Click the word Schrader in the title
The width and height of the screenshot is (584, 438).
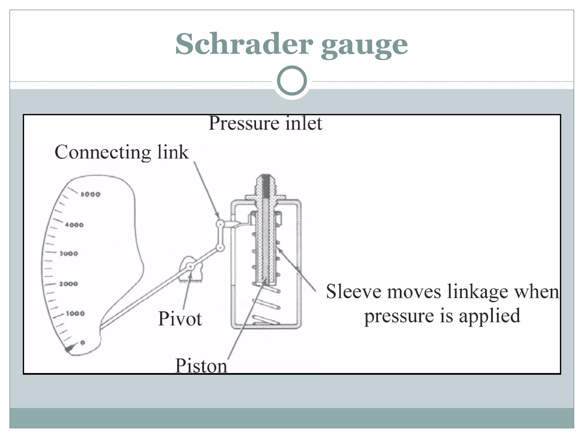click(x=244, y=44)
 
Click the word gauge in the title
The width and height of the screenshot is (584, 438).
click(x=364, y=46)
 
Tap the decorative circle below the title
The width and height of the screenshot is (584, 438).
click(x=292, y=81)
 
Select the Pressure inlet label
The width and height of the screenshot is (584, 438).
click(x=265, y=123)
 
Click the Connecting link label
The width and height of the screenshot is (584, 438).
click(x=121, y=152)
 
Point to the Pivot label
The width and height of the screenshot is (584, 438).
click(x=180, y=319)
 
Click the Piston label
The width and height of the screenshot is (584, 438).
click(x=201, y=366)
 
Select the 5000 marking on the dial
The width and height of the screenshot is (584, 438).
click(x=90, y=194)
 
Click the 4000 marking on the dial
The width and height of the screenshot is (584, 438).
click(x=74, y=225)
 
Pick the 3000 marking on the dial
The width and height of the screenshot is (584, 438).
click(x=68, y=254)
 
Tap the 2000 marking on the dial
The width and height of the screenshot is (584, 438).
click(x=68, y=284)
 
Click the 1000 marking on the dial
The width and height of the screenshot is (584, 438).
click(x=75, y=314)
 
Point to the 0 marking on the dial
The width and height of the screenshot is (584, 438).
click(x=83, y=342)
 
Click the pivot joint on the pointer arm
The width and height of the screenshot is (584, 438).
click(x=190, y=267)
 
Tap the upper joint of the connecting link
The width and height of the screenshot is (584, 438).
click(x=220, y=224)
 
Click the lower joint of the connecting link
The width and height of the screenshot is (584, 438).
click(x=220, y=248)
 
